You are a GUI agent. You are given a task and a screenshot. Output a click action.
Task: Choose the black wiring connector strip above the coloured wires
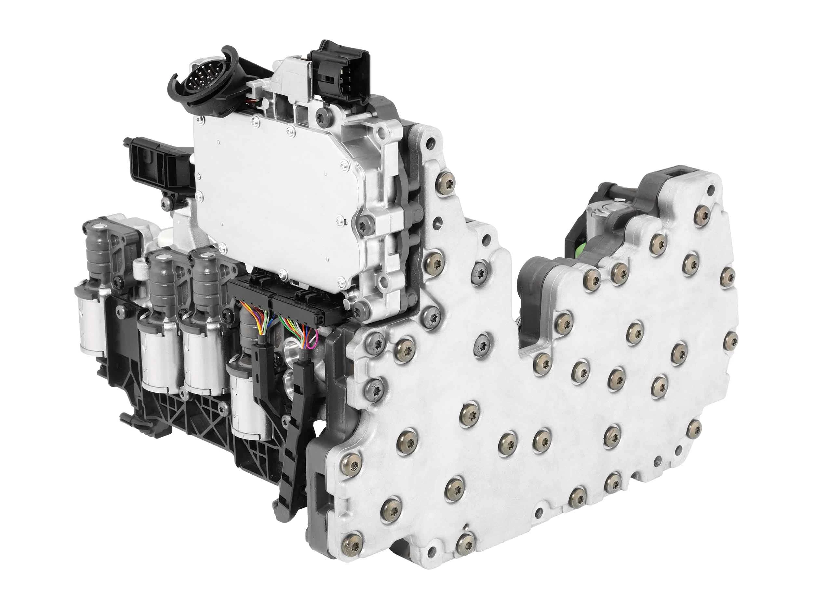pos(279,294)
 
